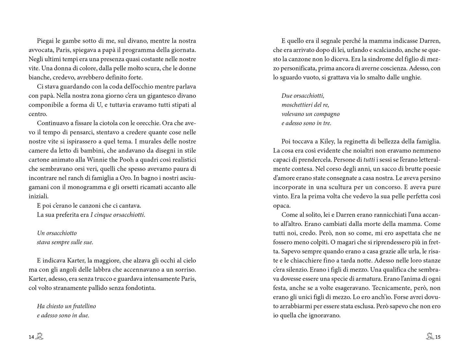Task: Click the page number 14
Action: point(31,337)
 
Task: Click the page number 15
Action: point(438,337)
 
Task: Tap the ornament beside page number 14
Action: point(40,336)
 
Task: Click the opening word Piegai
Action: point(45,41)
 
